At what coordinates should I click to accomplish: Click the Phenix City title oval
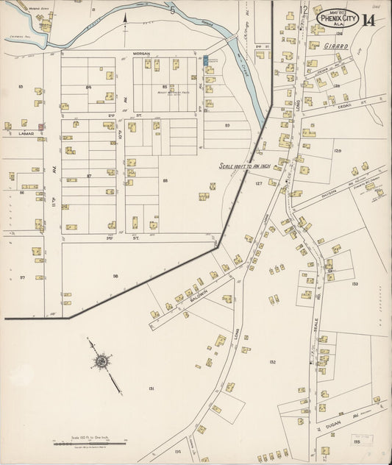click(x=338, y=18)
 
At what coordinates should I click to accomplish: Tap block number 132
click(x=272, y=362)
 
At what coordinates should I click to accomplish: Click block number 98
click(x=115, y=276)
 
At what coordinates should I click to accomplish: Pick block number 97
click(x=22, y=277)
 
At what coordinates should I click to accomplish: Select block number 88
click(x=165, y=180)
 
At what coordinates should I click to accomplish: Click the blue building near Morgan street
click(x=206, y=59)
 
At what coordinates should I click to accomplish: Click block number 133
click(x=354, y=283)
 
